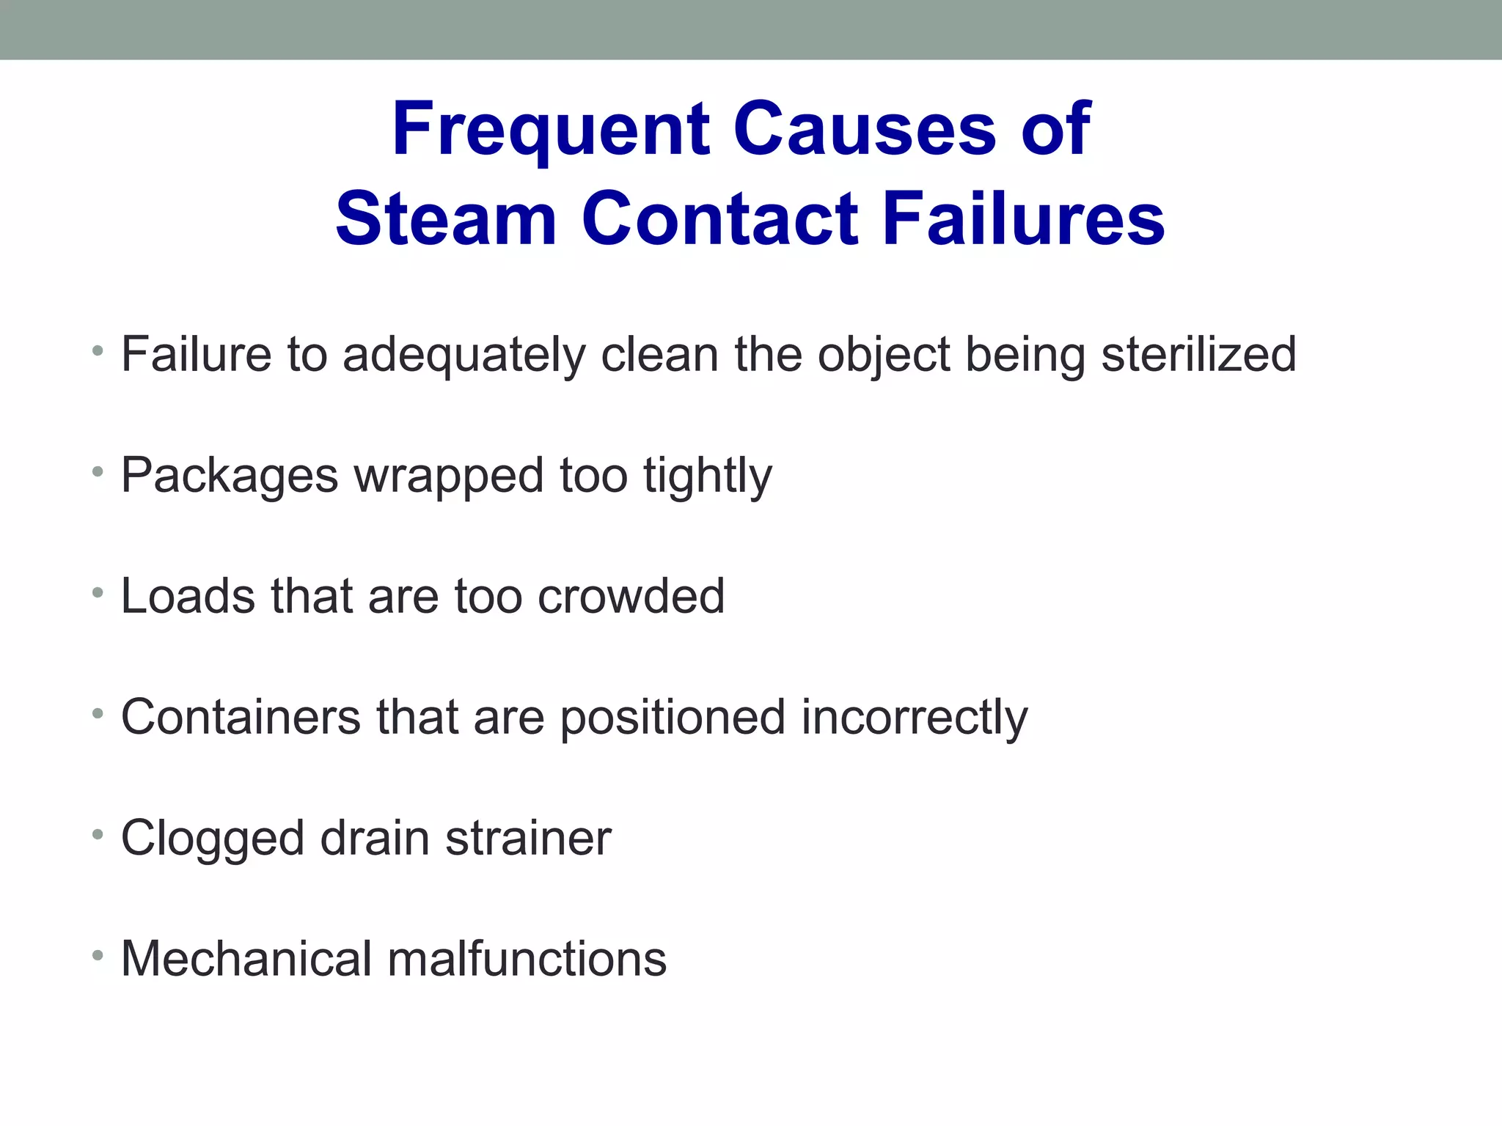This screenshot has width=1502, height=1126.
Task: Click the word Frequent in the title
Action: point(551,130)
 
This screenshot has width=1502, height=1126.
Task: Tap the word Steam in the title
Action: point(446,219)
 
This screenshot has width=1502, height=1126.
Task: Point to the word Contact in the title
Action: point(719,219)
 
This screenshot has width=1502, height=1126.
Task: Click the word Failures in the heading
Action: point(1023,219)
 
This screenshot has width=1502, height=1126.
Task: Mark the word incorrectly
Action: point(915,718)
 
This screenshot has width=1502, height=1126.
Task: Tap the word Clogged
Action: point(212,839)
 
